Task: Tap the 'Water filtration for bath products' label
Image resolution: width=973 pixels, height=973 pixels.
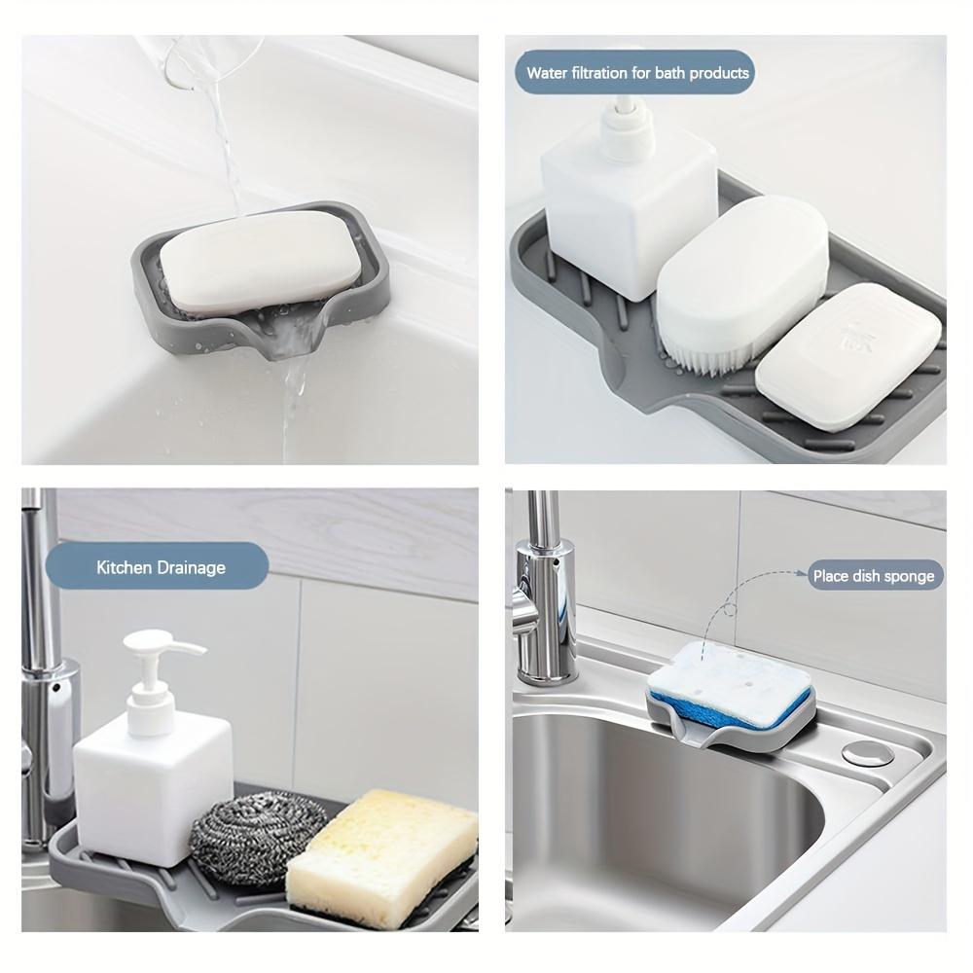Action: (x=636, y=73)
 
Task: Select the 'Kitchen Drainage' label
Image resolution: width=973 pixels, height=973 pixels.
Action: (x=160, y=567)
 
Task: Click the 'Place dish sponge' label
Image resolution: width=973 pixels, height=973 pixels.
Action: (x=873, y=576)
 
